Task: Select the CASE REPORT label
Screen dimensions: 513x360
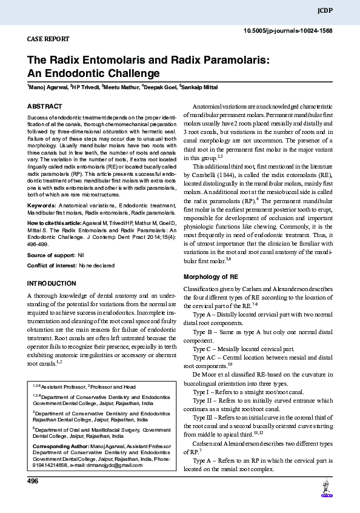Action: [x=48, y=39]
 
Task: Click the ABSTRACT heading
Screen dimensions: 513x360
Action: [x=45, y=106]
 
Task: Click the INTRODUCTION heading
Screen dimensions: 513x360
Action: [x=52, y=283]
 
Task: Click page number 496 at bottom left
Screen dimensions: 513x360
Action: [x=33, y=481]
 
